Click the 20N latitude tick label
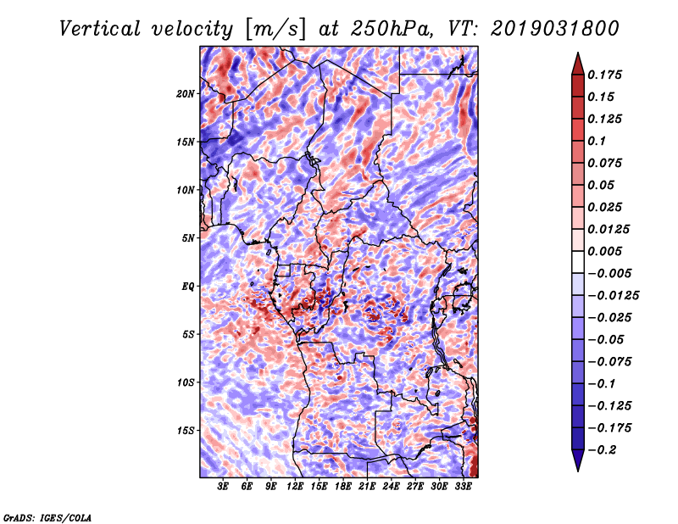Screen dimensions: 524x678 [186, 93]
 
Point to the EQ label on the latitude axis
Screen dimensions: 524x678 [189, 287]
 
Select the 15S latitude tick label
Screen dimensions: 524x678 [186, 431]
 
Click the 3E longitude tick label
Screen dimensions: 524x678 [224, 487]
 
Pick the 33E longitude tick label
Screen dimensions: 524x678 [464, 487]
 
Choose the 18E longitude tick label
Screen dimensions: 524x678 [343, 487]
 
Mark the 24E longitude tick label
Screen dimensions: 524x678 [392, 487]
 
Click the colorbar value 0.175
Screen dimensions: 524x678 [607, 75]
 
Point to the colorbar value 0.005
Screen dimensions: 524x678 [607, 251]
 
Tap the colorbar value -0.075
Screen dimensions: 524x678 [610, 361]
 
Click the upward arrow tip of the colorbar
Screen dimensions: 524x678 [577, 55]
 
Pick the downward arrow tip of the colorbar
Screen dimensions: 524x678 [577, 468]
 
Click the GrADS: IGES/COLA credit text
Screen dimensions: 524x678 [47, 516]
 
